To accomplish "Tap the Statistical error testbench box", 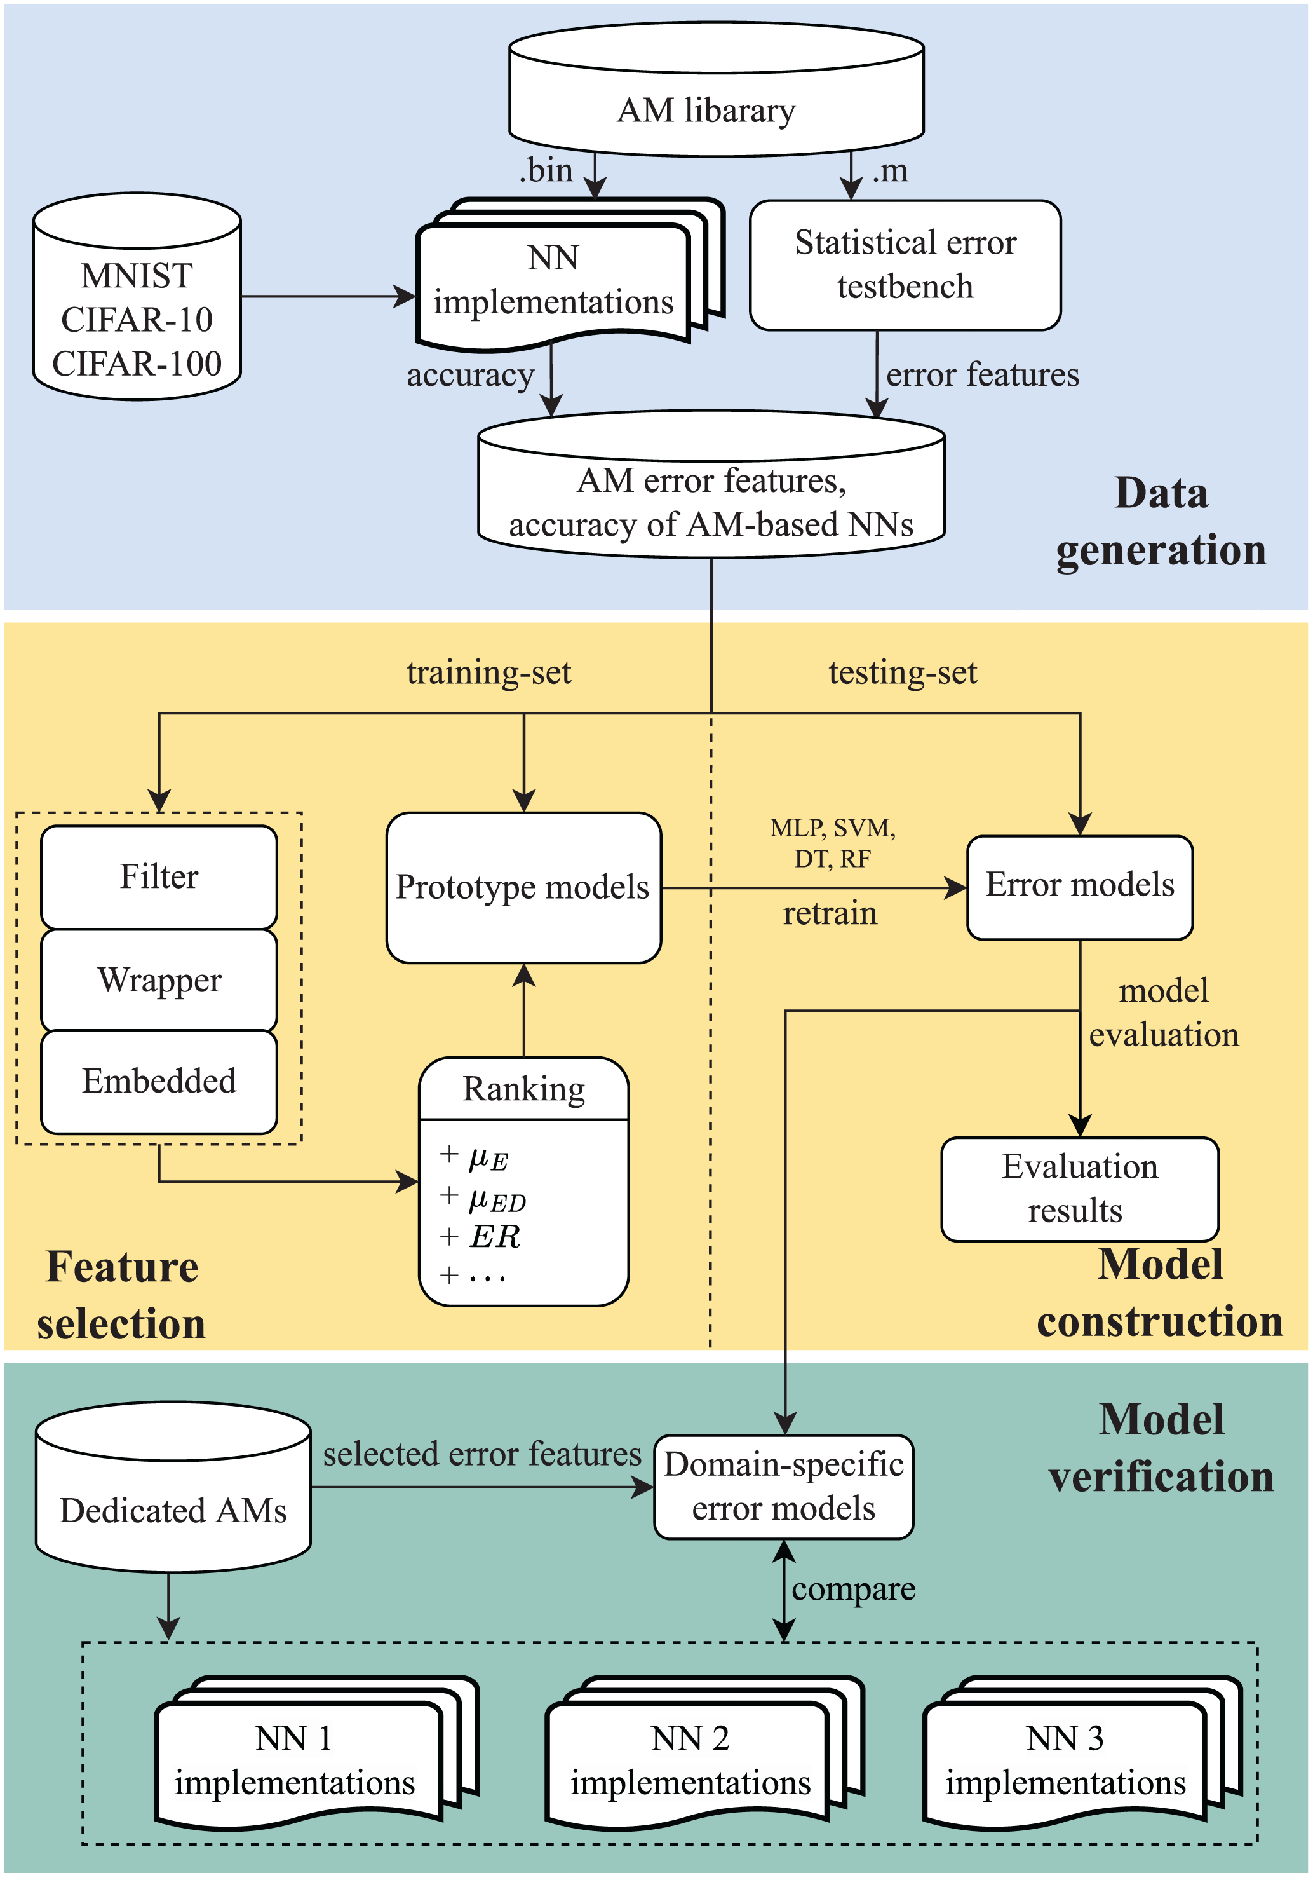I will pyautogui.click(x=905, y=265).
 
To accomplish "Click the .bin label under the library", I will pyautogui.click(x=546, y=170).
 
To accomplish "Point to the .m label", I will pyautogui.click(x=890, y=170).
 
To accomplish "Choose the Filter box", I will pyautogui.click(x=159, y=876).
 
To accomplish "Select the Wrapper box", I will pyautogui.click(x=159, y=980).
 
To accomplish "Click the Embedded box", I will pyautogui.click(x=159, y=1081).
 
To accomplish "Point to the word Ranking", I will pyautogui.click(x=524, y=1089).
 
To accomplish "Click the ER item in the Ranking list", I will pyautogui.click(x=494, y=1236).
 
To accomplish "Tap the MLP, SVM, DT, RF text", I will pyautogui.click(x=833, y=843).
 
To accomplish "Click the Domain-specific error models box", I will pyautogui.click(x=783, y=1486).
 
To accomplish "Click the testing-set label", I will pyautogui.click(x=902, y=673).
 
